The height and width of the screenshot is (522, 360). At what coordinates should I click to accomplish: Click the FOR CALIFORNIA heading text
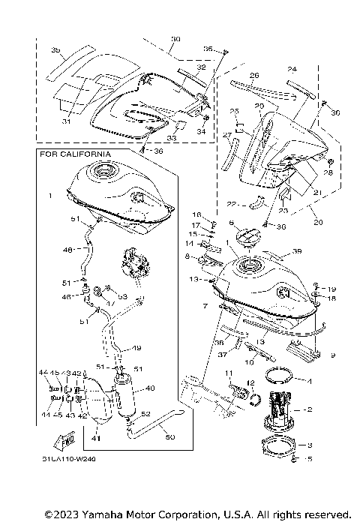point(75,154)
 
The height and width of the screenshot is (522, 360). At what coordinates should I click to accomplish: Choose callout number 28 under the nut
point(327,173)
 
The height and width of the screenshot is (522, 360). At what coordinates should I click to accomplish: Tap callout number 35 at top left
point(55,49)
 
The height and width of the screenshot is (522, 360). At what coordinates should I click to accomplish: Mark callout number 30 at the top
point(176,38)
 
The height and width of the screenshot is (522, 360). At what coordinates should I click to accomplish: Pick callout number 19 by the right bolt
point(332,288)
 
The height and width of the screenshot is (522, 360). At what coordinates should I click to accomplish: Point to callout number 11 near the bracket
point(229,373)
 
